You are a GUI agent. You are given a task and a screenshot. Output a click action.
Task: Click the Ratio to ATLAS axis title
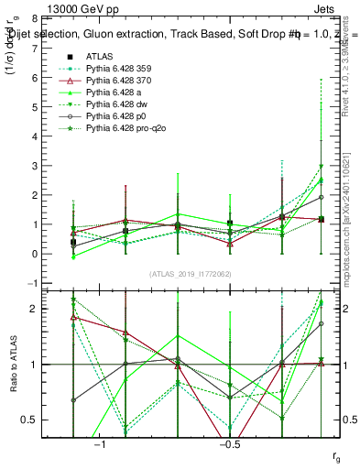(12, 365)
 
